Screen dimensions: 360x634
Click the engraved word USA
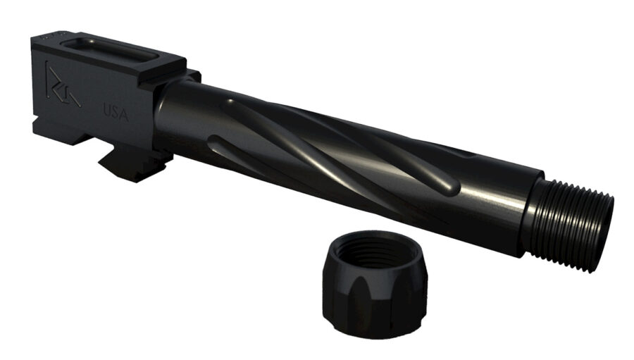pyautogui.click(x=116, y=111)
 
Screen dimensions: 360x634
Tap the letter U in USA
pyautogui.click(x=107, y=110)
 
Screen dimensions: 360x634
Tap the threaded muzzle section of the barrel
pyautogui.click(x=574, y=211)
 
